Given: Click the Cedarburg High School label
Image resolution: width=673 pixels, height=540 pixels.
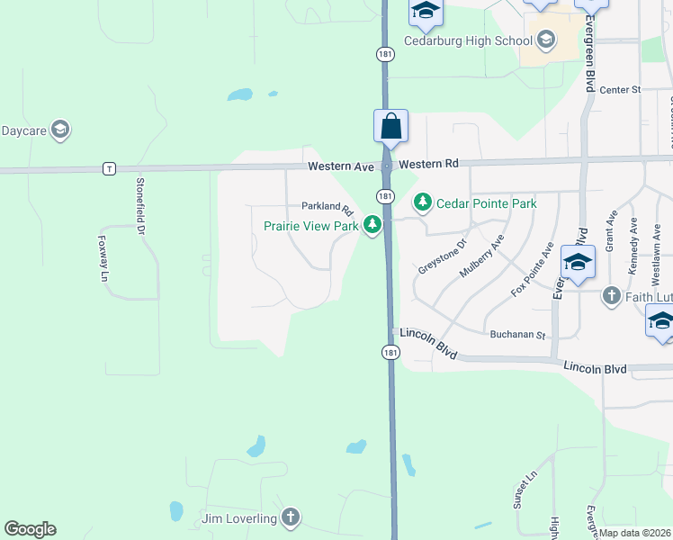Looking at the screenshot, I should pyautogui.click(x=456, y=40).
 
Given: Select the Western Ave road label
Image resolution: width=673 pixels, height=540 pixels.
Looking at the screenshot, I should pyautogui.click(x=340, y=166).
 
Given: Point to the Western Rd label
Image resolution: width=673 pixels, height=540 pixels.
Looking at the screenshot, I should pyautogui.click(x=429, y=164).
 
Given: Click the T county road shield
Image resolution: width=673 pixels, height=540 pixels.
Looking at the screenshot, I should pyautogui.click(x=109, y=168).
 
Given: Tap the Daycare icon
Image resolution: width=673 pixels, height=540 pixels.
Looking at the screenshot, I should pyautogui.click(x=60, y=130).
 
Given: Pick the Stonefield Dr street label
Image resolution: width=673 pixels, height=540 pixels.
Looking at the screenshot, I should pyautogui.click(x=139, y=204).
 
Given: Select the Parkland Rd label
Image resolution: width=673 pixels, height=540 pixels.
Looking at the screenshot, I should pyautogui.click(x=327, y=208).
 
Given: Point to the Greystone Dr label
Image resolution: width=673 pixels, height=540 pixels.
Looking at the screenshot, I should pyautogui.click(x=443, y=256).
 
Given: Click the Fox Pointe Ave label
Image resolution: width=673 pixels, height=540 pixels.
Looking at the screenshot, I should pyautogui.click(x=532, y=269).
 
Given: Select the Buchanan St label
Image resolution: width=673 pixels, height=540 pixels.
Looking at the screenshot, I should pyautogui.click(x=518, y=335).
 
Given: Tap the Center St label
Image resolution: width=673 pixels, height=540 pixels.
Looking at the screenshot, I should pyautogui.click(x=619, y=90).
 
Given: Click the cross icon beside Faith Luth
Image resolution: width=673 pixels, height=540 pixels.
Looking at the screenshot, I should pyautogui.click(x=611, y=295).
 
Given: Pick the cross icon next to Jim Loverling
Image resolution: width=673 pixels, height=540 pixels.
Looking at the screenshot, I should pyautogui.click(x=290, y=517).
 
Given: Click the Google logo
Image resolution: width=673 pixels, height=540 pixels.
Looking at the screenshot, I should pyautogui.click(x=31, y=529).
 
